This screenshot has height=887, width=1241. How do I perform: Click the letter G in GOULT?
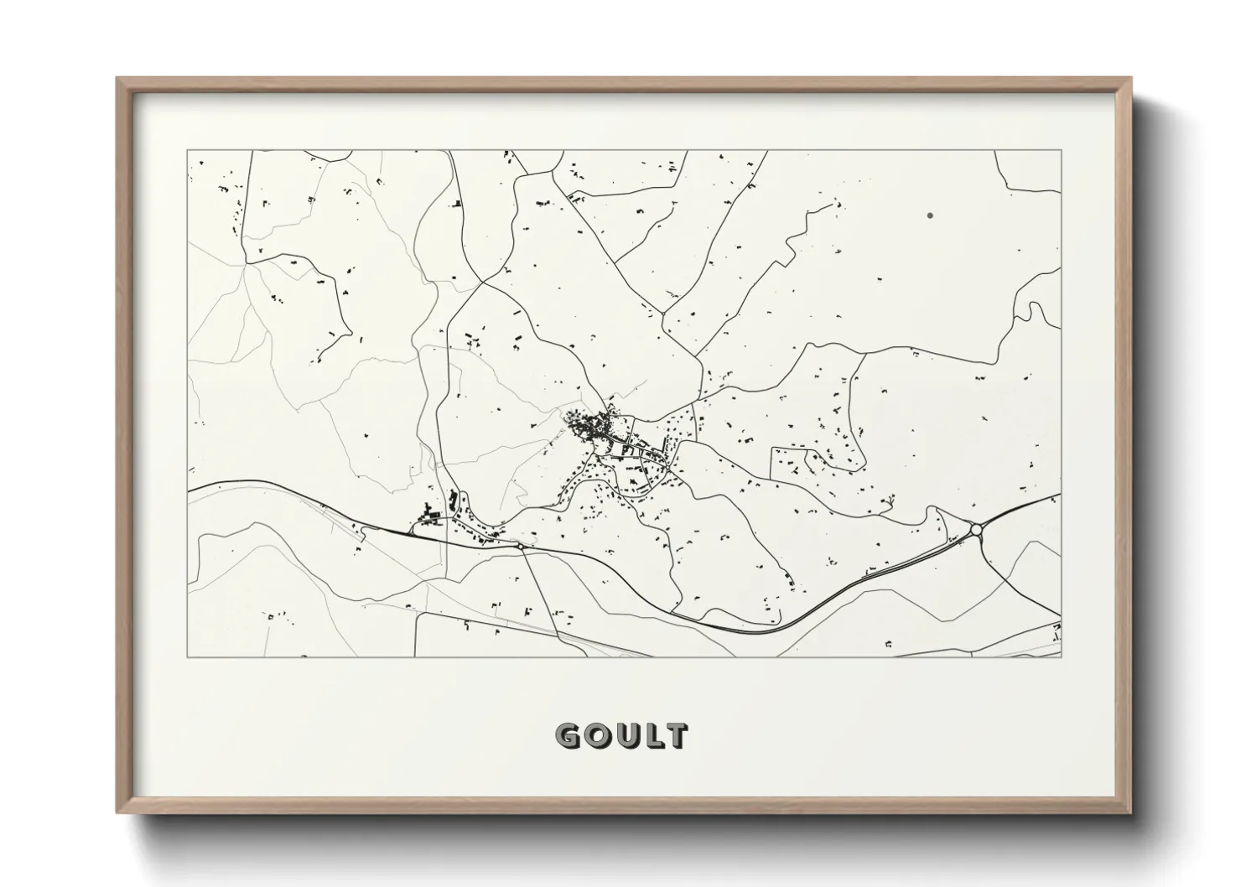(x=568, y=736)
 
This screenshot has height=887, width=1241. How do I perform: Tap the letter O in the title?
(x=595, y=736)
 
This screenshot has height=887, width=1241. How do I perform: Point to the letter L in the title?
(x=650, y=736)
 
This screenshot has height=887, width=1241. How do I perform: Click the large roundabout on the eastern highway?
(x=975, y=529)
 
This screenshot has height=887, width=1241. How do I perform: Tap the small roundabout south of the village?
(x=521, y=547)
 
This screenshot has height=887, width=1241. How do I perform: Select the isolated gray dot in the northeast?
(x=930, y=215)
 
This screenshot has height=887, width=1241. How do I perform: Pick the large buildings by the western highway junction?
(x=431, y=511)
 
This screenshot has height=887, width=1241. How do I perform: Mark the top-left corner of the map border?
(x=188, y=151)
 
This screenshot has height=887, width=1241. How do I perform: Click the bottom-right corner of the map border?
(x=1061, y=656)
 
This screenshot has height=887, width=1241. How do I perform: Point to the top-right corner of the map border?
(x=1061, y=151)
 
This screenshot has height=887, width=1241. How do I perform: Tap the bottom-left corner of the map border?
(x=188, y=656)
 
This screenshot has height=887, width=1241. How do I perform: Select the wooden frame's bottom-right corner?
(x=1131, y=812)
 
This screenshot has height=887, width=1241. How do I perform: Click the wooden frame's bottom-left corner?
(x=117, y=812)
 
